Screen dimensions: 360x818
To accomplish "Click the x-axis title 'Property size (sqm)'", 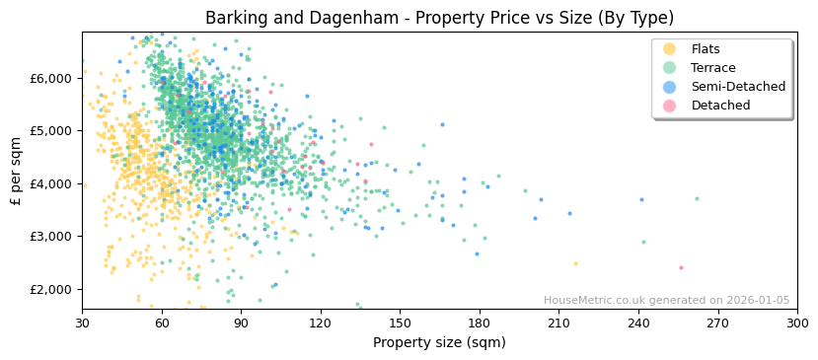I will click(439, 342).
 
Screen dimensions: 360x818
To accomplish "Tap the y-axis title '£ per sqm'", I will click(17, 172).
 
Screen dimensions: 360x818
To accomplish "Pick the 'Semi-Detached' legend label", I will click(738, 87).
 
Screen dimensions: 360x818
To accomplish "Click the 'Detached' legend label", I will click(720, 106).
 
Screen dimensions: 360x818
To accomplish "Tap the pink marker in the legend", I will click(670, 106).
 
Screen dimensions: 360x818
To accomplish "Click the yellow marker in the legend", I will click(670, 49).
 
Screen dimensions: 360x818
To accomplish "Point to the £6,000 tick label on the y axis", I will click(51, 78).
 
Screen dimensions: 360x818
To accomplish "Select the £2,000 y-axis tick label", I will click(51, 289).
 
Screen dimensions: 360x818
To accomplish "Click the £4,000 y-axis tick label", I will click(51, 183).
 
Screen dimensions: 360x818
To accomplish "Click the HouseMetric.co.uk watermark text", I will click(666, 301).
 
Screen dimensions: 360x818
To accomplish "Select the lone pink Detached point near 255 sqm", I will click(681, 267).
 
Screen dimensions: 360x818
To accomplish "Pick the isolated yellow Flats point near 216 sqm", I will click(576, 263).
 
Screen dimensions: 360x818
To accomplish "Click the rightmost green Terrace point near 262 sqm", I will click(697, 198).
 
